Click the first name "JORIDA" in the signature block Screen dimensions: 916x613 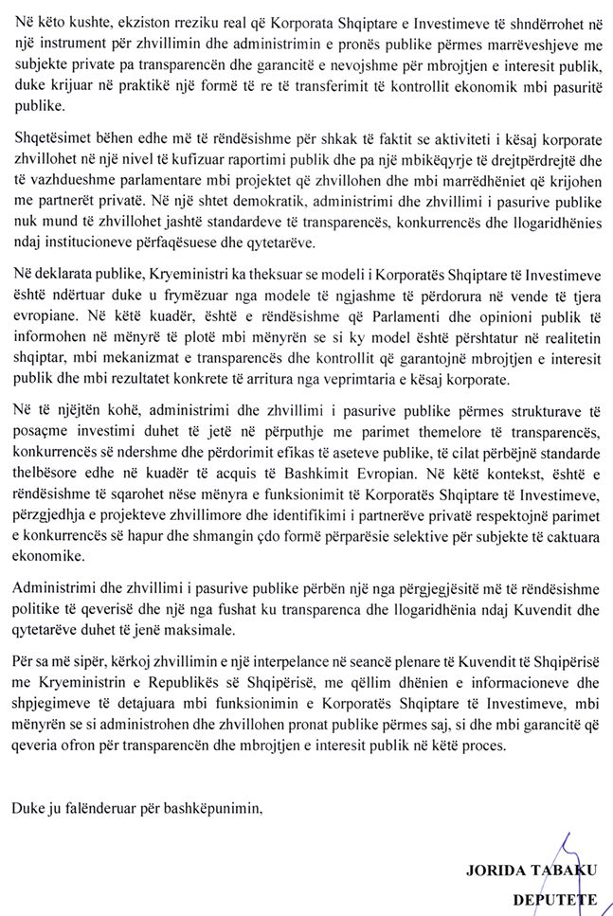click(x=493, y=868)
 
